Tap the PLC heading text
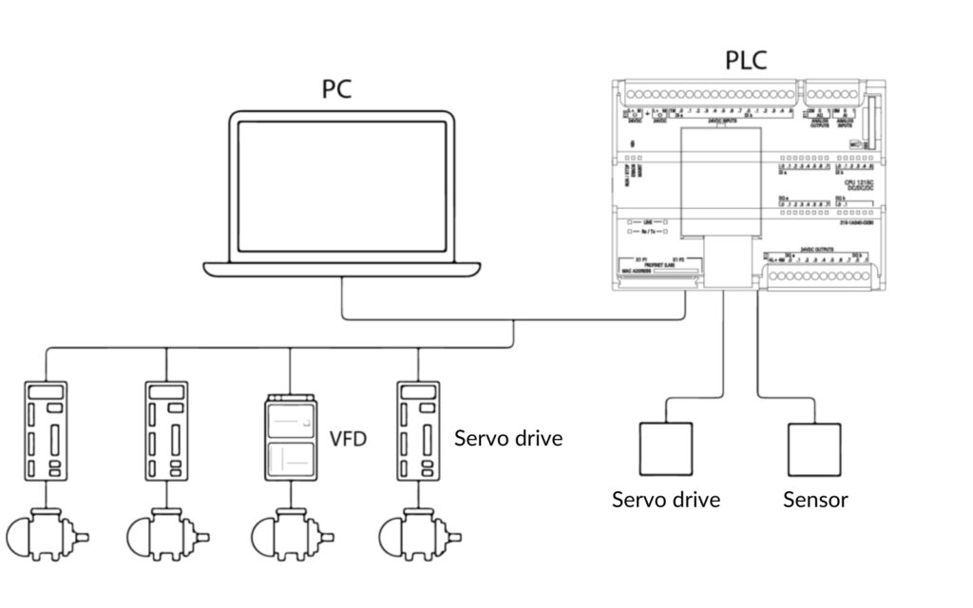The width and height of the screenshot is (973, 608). (746, 61)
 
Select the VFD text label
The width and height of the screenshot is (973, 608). (348, 439)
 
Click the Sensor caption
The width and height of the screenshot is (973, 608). (815, 499)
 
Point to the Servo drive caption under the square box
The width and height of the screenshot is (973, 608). (666, 499)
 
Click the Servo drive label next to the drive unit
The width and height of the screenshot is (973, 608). (508, 439)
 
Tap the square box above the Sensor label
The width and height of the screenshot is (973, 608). (814, 448)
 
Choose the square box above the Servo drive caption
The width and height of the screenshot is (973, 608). (665, 448)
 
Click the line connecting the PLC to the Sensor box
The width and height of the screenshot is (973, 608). (758, 351)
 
